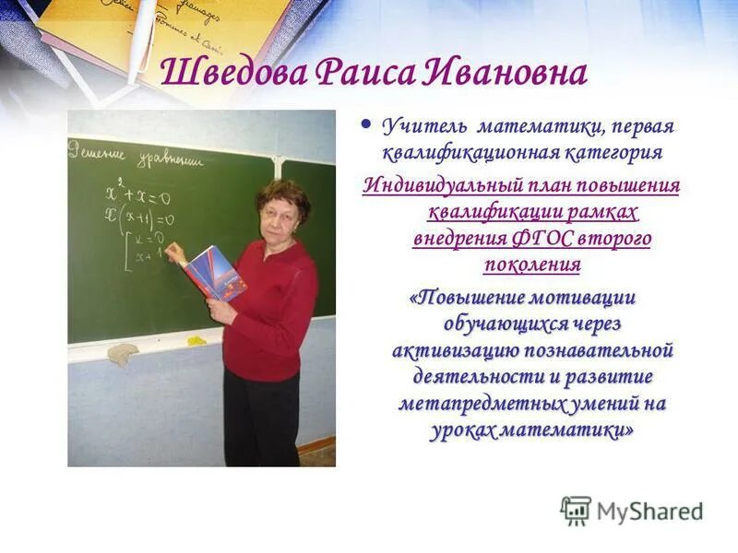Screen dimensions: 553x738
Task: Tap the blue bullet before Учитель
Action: pyautogui.click(x=366, y=124)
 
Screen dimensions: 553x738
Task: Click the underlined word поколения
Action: pyautogui.click(x=531, y=265)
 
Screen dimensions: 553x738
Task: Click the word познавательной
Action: pyautogui.click(x=600, y=351)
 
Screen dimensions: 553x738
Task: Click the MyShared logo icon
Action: pyautogui.click(x=576, y=510)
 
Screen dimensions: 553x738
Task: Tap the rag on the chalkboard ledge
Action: pyautogui.click(x=122, y=353)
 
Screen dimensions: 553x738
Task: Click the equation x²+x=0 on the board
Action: pyautogui.click(x=139, y=196)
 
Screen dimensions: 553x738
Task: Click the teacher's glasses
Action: pyautogui.click(x=277, y=208)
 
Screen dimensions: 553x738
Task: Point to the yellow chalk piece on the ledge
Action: pyautogui.click(x=196, y=341)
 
